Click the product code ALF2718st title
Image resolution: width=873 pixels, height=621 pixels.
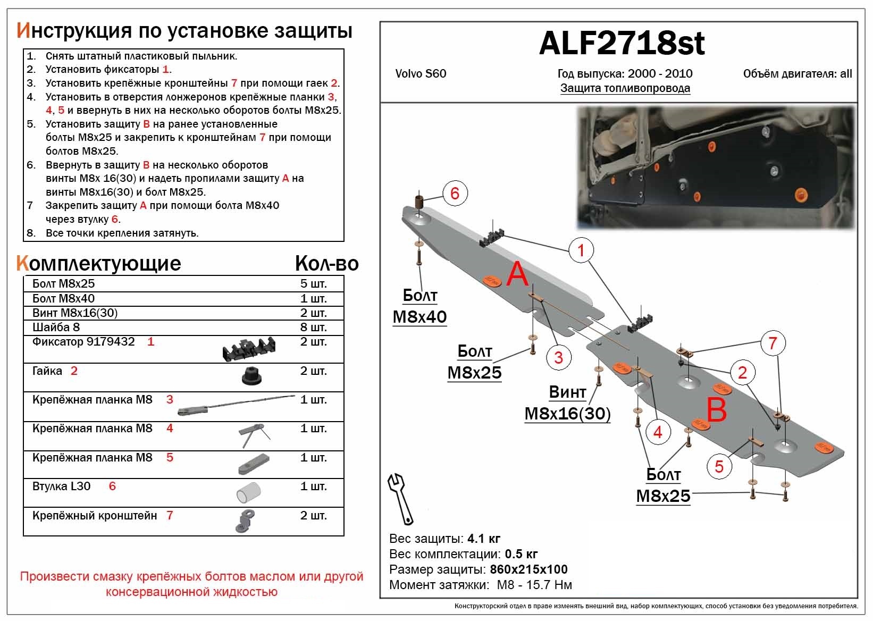coord(622,43)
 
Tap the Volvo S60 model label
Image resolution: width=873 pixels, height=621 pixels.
coord(421,74)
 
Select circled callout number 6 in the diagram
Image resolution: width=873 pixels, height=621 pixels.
coord(455,193)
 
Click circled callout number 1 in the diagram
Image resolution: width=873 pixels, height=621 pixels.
coord(581,250)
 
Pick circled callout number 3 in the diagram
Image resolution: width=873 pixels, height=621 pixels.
coord(558,357)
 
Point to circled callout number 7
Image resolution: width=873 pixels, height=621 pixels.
coord(773,343)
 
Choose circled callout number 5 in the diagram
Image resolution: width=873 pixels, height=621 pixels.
coord(719,466)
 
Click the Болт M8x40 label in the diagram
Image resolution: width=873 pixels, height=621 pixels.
coord(420,306)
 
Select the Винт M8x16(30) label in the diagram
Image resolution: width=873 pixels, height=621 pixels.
coord(567,403)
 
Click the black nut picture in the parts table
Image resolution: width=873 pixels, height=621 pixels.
coord(249,377)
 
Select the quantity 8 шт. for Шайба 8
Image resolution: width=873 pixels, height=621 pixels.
coord(313,328)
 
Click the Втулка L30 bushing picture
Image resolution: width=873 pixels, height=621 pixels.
coord(248,492)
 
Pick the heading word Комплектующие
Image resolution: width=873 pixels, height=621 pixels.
coord(99,263)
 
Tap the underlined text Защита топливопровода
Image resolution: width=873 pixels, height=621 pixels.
coord(625,88)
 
